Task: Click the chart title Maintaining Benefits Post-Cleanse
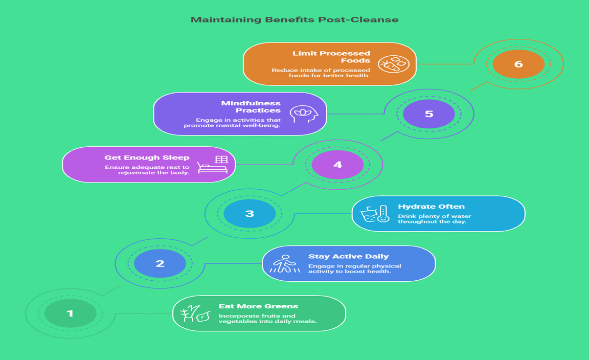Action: click(x=294, y=20)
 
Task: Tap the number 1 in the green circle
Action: click(x=70, y=313)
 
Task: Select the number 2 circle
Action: click(x=160, y=264)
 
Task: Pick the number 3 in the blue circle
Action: click(x=250, y=214)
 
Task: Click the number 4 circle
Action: click(x=337, y=165)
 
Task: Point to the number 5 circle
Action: click(x=428, y=114)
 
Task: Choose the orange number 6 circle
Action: click(x=518, y=64)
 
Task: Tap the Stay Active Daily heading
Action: click(x=348, y=256)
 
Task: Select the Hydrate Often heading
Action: click(x=431, y=207)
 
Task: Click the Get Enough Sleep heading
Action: click(x=147, y=157)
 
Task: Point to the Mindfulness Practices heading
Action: click(x=251, y=106)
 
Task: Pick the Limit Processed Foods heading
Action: click(x=331, y=57)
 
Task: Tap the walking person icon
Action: click(x=285, y=264)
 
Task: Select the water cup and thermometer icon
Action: click(x=375, y=214)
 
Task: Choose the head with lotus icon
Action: click(x=303, y=114)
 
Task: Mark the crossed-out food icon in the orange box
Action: click(x=393, y=64)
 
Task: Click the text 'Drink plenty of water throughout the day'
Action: click(x=434, y=219)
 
